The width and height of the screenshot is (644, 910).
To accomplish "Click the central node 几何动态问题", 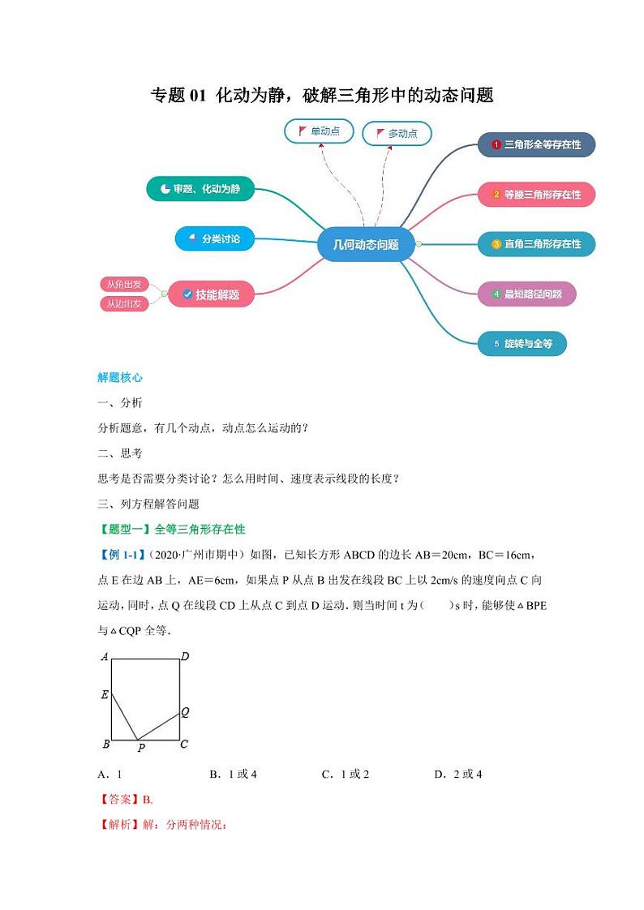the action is coord(366,244).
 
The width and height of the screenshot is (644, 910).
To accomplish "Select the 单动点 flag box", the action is coord(318,131).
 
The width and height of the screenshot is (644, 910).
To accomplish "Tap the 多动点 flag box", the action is coord(396,134).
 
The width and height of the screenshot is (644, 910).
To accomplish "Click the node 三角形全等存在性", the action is coord(535,145).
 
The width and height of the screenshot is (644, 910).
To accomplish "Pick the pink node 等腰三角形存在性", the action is coord(535,195).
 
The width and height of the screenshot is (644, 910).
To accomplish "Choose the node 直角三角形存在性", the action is coord(535,244).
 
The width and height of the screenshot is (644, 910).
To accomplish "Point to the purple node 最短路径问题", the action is coord(526,294).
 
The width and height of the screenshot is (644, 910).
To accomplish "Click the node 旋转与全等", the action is coord(522,344).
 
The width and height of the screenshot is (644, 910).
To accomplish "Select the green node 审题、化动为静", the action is coord(200,189).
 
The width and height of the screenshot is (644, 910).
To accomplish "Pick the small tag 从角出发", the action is coord(124,284).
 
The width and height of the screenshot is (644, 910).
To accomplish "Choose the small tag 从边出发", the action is coord(124,303).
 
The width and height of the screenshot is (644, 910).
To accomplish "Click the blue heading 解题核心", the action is coord(120,377).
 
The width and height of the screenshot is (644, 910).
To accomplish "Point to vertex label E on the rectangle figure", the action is coord(105,694).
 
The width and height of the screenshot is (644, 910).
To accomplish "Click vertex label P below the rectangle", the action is coord(140,749).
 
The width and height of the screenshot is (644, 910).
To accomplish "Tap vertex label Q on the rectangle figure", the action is coord(185,712).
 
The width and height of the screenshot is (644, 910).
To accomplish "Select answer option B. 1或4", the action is coord(233,774).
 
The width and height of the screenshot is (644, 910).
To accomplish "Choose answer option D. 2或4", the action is coord(458,774).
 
